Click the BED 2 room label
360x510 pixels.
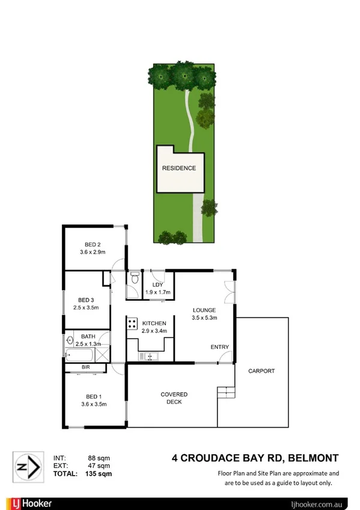(92, 244)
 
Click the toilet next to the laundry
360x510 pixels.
(134, 279)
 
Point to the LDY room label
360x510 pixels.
(158, 284)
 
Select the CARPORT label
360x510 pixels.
(261, 371)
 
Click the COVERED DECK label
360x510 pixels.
(174, 398)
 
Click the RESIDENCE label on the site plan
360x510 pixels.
(178, 168)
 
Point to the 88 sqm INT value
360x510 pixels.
(99, 458)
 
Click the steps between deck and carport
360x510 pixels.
(225, 392)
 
